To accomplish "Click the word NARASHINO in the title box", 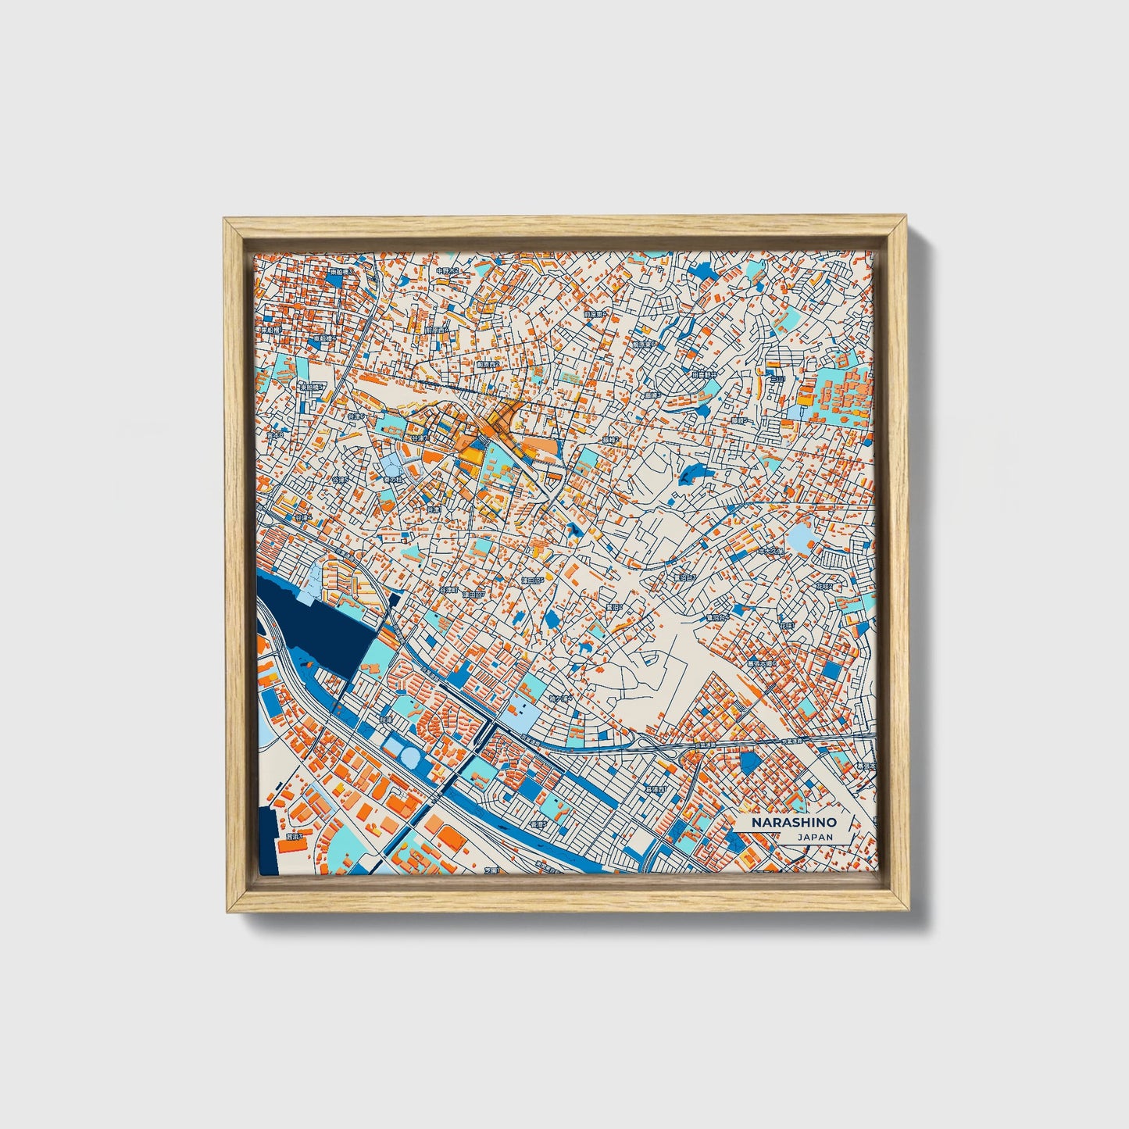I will (x=794, y=823).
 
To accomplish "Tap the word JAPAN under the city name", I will (x=815, y=837).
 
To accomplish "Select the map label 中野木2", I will (x=448, y=270).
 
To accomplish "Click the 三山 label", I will (x=776, y=379).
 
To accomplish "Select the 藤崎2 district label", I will (x=610, y=440).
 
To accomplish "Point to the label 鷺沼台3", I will (x=685, y=577).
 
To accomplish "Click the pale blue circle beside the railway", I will (x=410, y=755).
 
